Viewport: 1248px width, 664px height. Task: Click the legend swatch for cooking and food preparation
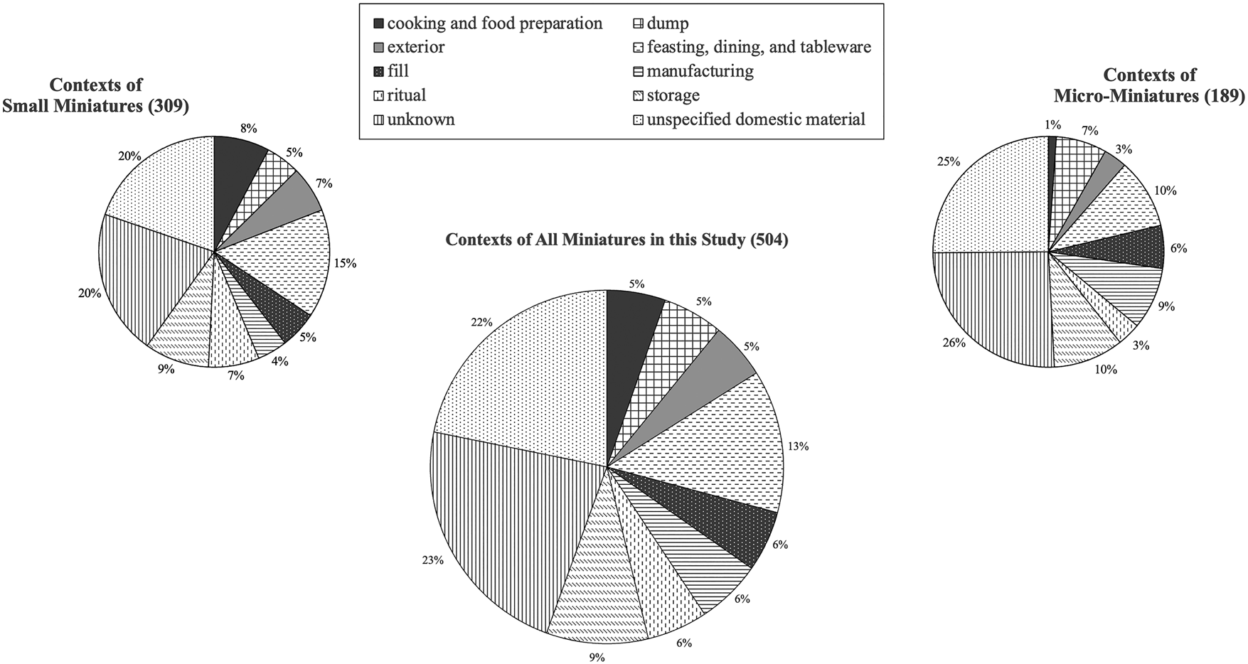coord(378,23)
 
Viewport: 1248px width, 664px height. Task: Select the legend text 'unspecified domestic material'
coord(756,119)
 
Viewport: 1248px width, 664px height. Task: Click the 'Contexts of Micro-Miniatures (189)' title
coord(1149,85)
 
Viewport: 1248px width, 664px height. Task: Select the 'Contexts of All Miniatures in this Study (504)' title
coord(617,240)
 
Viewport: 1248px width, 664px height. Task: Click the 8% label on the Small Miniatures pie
coord(249,129)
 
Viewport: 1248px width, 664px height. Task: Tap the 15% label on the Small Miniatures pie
coord(346,263)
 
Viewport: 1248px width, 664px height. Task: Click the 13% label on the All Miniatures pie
coord(798,446)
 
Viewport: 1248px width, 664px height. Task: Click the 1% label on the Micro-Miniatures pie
coord(1052,125)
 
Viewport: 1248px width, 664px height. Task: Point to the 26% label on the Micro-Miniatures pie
coord(954,343)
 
